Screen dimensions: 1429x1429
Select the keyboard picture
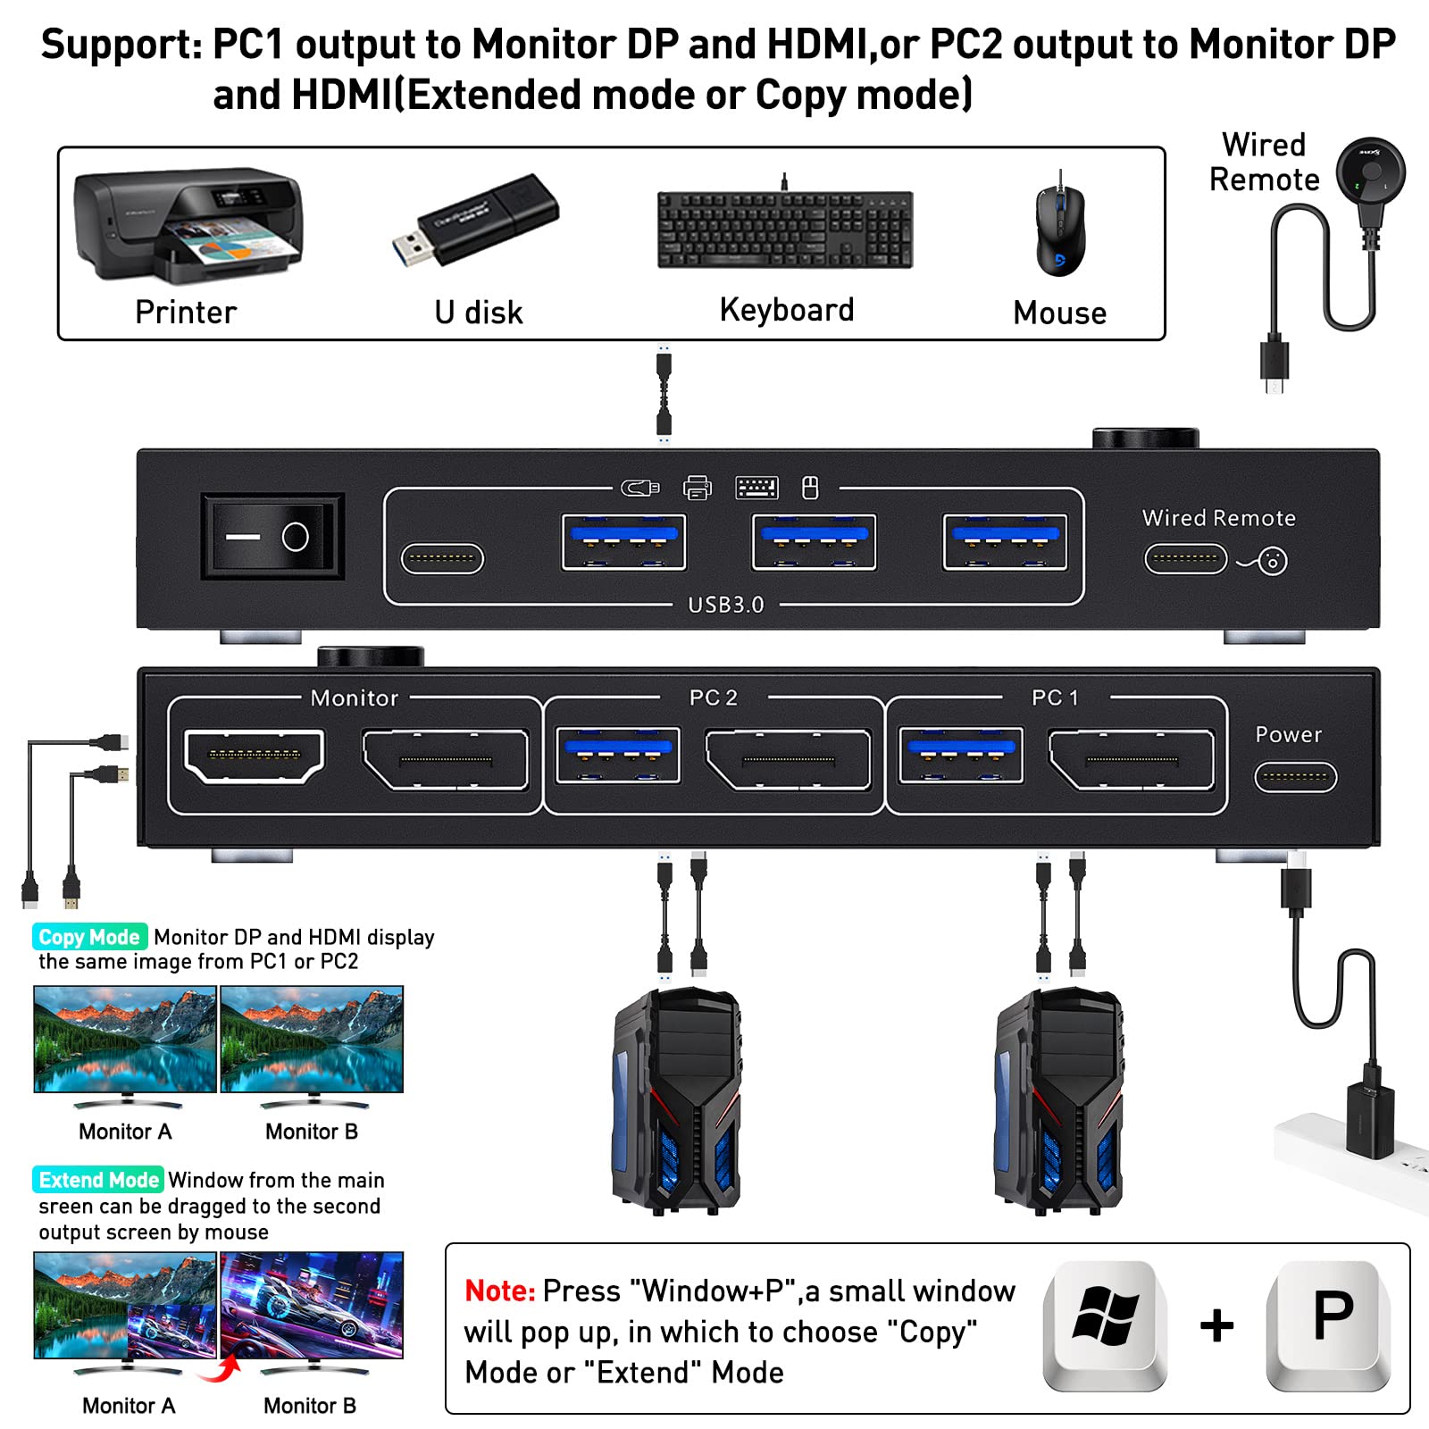[785, 230]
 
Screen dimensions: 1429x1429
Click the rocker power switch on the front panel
[272, 537]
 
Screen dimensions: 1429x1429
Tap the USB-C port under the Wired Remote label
[1185, 560]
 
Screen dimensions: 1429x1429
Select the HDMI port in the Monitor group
[254, 756]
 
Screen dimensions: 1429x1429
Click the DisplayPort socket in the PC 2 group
[789, 760]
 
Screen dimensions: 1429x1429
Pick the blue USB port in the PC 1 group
[961, 755]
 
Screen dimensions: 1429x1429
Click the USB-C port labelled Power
[1295, 777]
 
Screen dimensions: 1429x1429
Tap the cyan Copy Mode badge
[89, 937]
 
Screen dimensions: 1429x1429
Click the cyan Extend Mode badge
[98, 1180]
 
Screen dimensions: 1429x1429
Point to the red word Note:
[499, 1291]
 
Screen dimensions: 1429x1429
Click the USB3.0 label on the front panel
[726, 605]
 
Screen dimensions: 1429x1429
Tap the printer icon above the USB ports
[697, 488]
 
